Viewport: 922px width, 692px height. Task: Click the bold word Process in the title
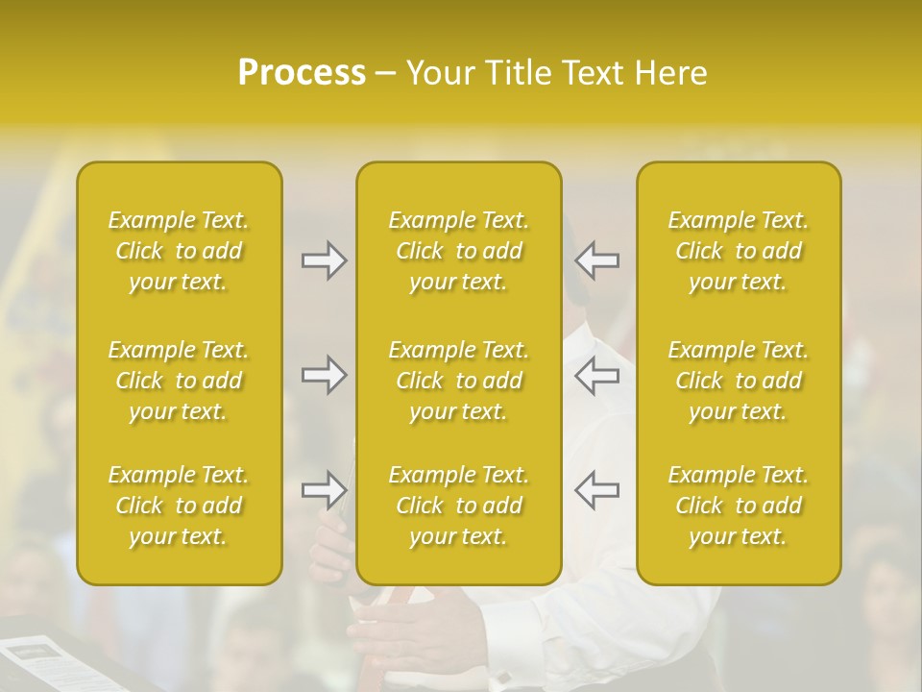tap(302, 73)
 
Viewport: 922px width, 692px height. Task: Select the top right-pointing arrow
tap(324, 260)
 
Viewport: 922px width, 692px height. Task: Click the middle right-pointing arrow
tap(324, 375)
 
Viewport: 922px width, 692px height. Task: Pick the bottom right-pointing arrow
tap(324, 490)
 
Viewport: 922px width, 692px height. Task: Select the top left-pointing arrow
tap(597, 260)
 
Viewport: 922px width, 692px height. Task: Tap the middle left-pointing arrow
tap(597, 375)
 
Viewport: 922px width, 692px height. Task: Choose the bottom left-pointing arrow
tap(597, 490)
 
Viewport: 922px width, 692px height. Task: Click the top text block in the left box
tap(179, 251)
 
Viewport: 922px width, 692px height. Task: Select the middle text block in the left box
tap(179, 381)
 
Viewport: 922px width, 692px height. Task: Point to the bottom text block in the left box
tap(179, 506)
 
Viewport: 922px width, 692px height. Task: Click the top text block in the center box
tap(459, 251)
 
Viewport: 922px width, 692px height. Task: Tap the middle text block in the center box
tap(459, 381)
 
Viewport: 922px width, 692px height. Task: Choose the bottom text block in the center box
tap(459, 506)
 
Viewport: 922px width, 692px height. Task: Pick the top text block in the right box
tap(739, 251)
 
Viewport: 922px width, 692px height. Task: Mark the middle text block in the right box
tap(739, 381)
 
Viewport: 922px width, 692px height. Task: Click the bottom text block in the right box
tap(739, 506)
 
